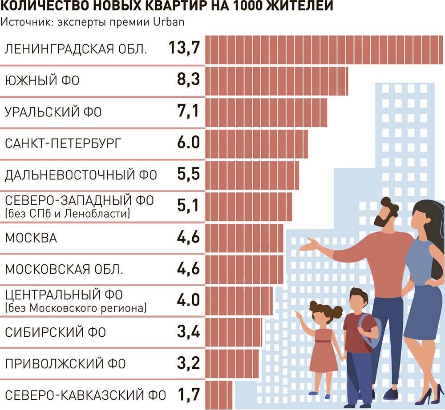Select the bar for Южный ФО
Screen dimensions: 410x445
(x=276, y=80)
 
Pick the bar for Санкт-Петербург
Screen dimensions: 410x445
(x=256, y=143)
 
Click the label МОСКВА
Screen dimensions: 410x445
(x=31, y=238)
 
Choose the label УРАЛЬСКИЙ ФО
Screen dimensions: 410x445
(x=53, y=112)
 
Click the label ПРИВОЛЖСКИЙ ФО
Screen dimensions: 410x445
(x=65, y=364)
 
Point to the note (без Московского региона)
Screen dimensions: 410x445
(x=75, y=307)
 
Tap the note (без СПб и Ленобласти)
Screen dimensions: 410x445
(x=67, y=214)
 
